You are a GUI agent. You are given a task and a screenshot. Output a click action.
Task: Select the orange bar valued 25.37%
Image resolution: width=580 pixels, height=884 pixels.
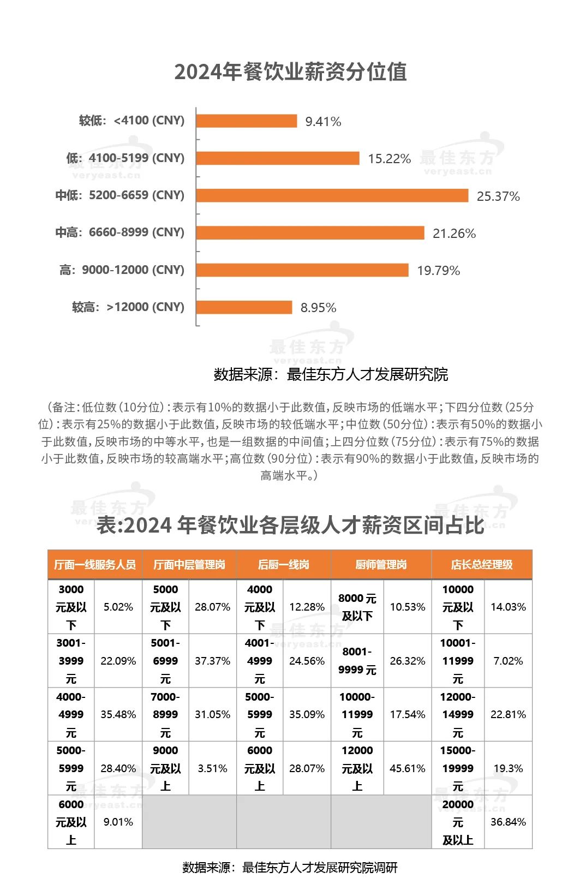click(332, 195)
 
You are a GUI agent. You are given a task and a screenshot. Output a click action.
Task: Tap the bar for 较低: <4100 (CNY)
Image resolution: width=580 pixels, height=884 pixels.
click(246, 121)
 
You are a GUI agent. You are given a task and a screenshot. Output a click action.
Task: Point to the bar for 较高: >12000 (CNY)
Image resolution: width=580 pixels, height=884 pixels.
click(244, 307)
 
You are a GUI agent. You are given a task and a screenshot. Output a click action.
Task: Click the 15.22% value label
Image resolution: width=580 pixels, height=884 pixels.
click(389, 159)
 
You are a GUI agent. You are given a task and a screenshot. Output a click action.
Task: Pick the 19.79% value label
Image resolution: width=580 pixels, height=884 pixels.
click(438, 271)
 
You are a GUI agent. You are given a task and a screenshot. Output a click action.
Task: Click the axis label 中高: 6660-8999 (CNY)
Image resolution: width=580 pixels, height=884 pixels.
click(120, 232)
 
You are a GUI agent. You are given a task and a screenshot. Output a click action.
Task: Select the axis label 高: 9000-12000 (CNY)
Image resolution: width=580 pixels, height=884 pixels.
click(122, 270)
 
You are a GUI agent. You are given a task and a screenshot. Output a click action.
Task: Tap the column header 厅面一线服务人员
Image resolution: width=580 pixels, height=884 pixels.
click(95, 565)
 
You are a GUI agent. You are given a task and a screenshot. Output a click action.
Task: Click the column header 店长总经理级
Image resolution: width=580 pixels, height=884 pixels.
click(482, 565)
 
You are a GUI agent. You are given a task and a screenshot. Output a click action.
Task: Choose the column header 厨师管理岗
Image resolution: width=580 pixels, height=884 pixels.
click(381, 565)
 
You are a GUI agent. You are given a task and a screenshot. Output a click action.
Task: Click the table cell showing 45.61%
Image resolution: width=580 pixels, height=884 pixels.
click(408, 768)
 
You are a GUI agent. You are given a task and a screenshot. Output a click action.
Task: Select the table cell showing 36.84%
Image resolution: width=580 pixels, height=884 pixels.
click(508, 822)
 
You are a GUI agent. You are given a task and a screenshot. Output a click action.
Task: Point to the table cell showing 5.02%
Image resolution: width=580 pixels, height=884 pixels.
click(118, 607)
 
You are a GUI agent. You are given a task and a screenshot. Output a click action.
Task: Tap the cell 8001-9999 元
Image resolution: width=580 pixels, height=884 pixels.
click(357, 661)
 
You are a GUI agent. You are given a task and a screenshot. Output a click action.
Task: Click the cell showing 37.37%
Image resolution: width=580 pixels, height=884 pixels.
click(212, 661)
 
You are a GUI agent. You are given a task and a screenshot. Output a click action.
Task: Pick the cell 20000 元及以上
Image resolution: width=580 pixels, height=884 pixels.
click(458, 822)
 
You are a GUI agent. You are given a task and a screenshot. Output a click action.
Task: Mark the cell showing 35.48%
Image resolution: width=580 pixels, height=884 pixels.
click(118, 714)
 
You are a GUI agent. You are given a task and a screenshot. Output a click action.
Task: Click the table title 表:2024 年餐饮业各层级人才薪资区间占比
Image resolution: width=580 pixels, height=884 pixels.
click(290, 525)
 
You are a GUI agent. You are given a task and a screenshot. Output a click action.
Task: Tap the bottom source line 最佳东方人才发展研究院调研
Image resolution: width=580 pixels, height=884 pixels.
click(290, 868)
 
